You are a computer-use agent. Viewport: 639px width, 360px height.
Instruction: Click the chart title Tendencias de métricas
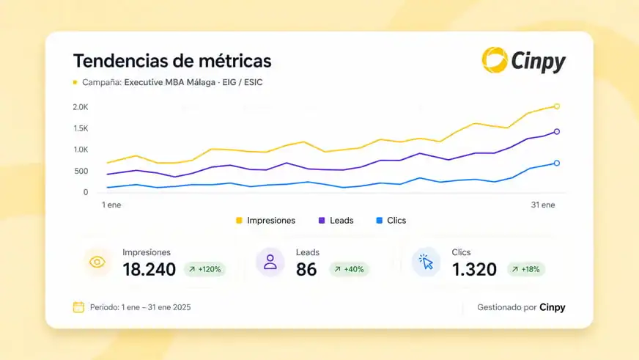pos(172,61)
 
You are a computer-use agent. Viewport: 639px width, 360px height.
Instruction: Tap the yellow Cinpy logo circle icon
pos(495,60)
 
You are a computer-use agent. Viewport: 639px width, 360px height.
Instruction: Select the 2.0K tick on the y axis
pos(81,107)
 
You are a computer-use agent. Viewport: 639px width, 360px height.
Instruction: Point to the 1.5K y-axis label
pos(81,128)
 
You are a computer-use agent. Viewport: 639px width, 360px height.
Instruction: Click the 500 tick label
pos(81,172)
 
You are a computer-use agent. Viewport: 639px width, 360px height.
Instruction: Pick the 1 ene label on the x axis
pos(111,205)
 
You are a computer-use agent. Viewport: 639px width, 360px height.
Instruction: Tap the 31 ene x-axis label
pos(543,205)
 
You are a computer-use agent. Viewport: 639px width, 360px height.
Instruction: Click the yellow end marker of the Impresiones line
pos(557,106)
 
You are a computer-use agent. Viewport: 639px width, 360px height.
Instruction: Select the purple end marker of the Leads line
pos(557,132)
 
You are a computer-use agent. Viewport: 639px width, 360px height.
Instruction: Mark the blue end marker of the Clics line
pos(557,163)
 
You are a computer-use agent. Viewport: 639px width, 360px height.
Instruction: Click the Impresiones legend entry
pos(266,221)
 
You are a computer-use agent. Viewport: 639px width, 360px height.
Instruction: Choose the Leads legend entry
pos(336,221)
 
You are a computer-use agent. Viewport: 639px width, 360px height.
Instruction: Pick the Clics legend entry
pos(391,221)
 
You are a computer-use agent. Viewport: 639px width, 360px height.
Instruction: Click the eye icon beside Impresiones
pos(97,262)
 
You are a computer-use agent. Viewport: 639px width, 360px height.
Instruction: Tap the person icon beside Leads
pos(270,262)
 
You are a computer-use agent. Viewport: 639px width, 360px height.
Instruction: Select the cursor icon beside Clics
pos(426,262)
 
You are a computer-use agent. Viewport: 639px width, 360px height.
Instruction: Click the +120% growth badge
pos(204,269)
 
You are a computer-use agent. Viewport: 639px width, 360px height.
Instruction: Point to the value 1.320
pos(474,269)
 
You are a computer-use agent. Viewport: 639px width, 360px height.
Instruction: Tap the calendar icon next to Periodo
pos(78,307)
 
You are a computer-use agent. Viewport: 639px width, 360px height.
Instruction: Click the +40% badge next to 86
pos(350,269)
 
